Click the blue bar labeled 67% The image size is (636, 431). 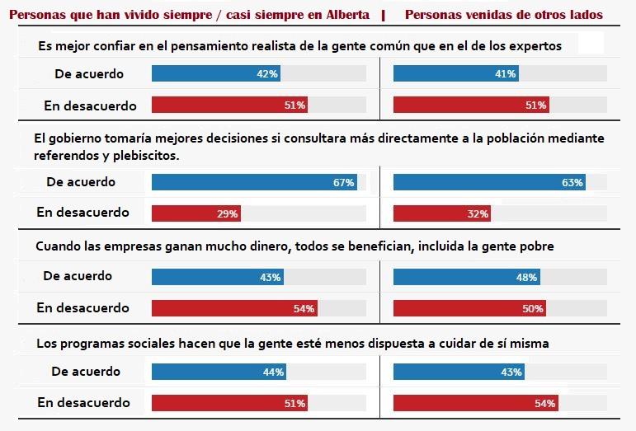254,182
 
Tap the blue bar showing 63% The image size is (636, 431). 489,182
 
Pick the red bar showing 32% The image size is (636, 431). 441,213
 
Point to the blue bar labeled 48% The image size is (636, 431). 467,277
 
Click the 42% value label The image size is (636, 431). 268,74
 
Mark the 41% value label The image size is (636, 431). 506,74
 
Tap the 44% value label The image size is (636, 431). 273,372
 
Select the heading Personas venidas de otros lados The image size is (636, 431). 503,15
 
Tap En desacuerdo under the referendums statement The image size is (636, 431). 82,213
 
